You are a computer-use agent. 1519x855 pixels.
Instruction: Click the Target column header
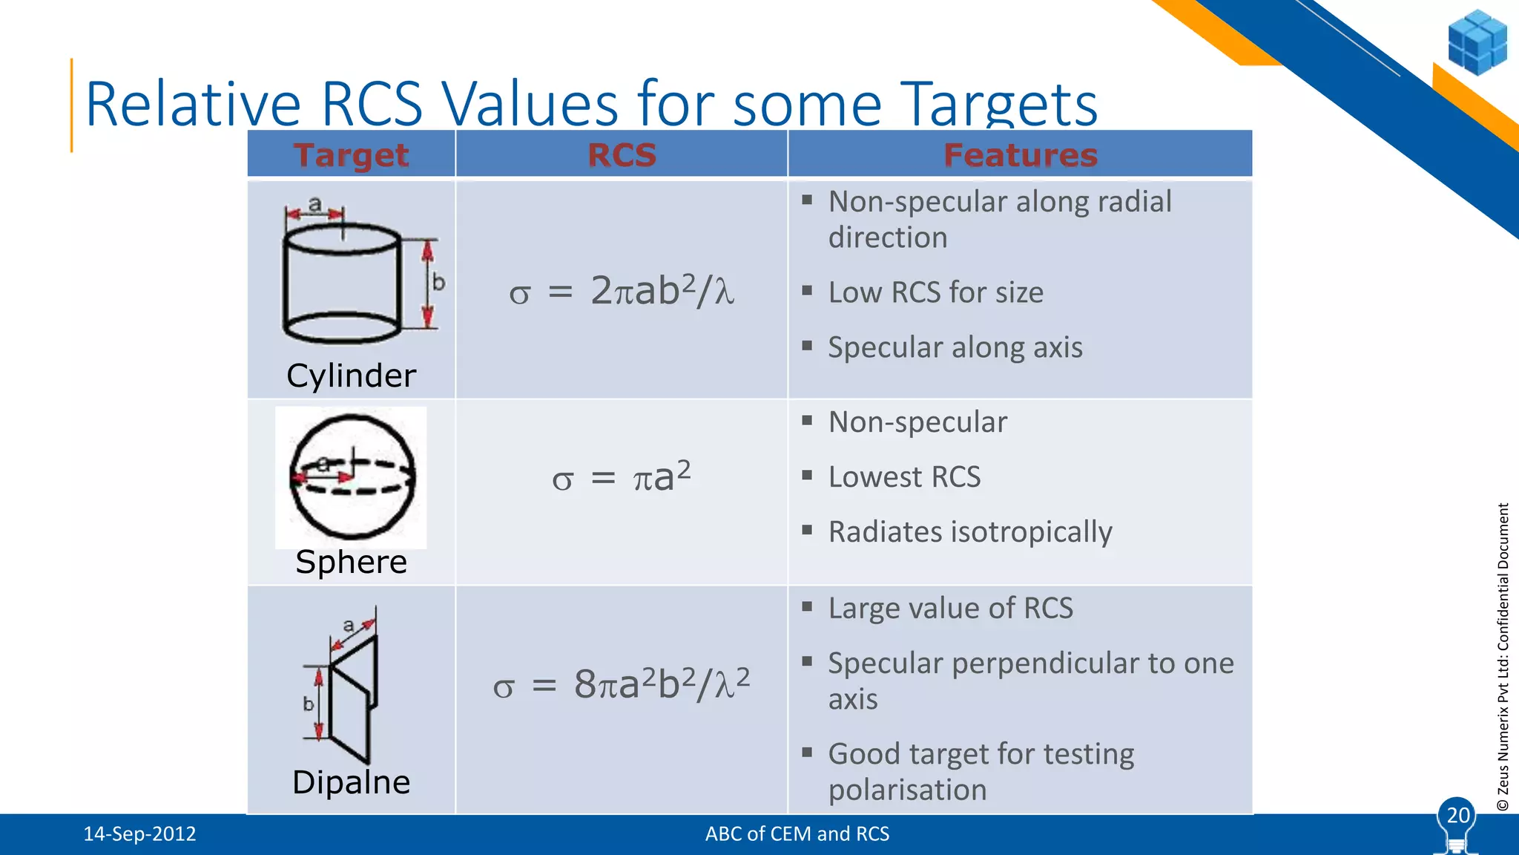pos(351,155)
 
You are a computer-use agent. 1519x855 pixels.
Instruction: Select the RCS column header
pos(622,155)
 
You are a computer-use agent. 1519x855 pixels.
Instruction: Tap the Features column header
pos(1020,155)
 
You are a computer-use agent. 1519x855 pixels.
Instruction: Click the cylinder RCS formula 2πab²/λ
pos(622,290)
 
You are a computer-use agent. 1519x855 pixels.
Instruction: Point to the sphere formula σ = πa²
pos(622,476)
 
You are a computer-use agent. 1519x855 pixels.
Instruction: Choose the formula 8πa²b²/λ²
pos(622,684)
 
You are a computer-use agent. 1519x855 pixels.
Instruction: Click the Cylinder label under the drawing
pos(351,376)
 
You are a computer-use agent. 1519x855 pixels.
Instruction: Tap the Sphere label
pos(351,562)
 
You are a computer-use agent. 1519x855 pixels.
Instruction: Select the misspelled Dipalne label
pos(351,782)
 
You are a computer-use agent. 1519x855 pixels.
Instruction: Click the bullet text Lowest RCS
pos(904,477)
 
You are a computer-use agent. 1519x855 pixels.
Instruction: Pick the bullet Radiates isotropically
pos(970,532)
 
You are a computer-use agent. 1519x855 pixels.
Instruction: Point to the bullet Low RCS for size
pos(935,292)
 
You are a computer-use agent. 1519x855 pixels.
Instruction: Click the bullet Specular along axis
pos(955,347)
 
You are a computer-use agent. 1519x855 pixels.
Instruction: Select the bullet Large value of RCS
pos(950,609)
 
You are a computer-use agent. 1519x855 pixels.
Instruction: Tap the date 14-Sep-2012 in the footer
pos(139,834)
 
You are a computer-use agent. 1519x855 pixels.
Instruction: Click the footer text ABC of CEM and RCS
pos(797,834)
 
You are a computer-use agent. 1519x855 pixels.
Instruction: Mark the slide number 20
pos(1457,816)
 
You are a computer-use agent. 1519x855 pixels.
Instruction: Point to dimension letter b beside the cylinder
pos(439,283)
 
